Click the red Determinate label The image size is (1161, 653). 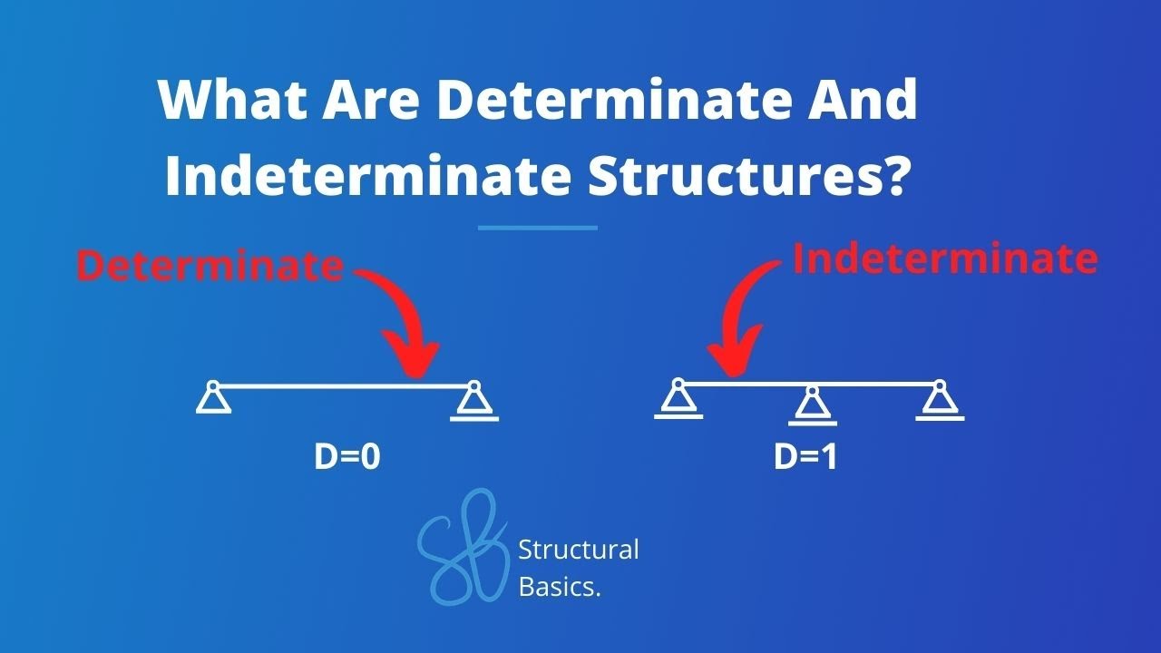click(x=210, y=266)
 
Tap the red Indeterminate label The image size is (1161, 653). click(x=945, y=259)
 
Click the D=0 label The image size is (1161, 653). click(x=346, y=457)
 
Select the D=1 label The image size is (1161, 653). click(x=805, y=457)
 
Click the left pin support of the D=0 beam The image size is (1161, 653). click(x=213, y=398)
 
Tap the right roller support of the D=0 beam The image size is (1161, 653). click(x=473, y=402)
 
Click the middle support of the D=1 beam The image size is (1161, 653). click(x=812, y=405)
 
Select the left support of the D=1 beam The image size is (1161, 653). click(x=678, y=400)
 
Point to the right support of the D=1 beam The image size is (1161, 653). click(x=940, y=401)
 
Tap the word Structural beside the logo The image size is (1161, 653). click(x=578, y=550)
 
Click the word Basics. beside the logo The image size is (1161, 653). click(x=560, y=587)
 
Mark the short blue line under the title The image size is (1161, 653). click(x=538, y=228)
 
